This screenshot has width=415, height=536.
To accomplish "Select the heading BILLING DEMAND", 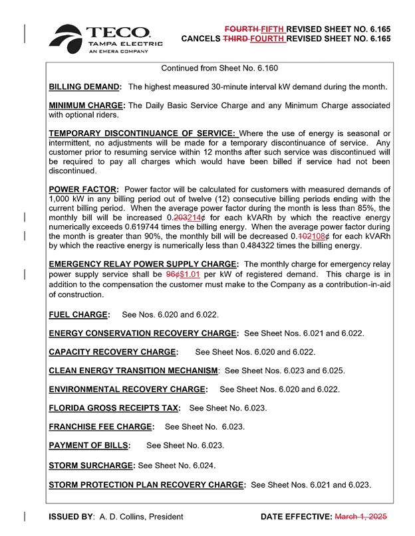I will coord(85,87).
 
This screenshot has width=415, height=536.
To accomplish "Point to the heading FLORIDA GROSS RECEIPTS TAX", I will coord(116,408).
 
